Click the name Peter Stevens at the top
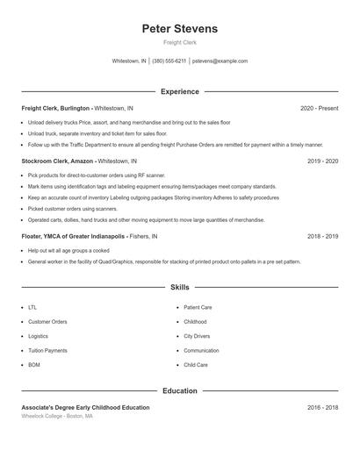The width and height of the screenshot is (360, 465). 179,29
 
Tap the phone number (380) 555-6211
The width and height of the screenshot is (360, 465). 169,61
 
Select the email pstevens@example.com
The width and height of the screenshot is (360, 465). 220,61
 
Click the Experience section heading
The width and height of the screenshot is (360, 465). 179,91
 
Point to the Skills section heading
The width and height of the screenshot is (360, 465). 179,287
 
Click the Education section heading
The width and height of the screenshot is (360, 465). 179,390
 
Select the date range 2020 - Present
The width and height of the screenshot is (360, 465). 319,108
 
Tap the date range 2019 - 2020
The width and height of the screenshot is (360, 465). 322,161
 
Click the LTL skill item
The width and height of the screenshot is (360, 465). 32,308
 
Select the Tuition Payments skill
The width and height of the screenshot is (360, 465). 47,350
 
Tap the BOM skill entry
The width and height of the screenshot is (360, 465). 34,364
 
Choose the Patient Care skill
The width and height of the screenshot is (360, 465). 198,308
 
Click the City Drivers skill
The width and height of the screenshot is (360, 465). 197,336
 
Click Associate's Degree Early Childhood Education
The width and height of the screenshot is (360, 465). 85,407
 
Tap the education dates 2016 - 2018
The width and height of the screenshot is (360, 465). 322,407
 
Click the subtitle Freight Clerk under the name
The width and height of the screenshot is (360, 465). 179,43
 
